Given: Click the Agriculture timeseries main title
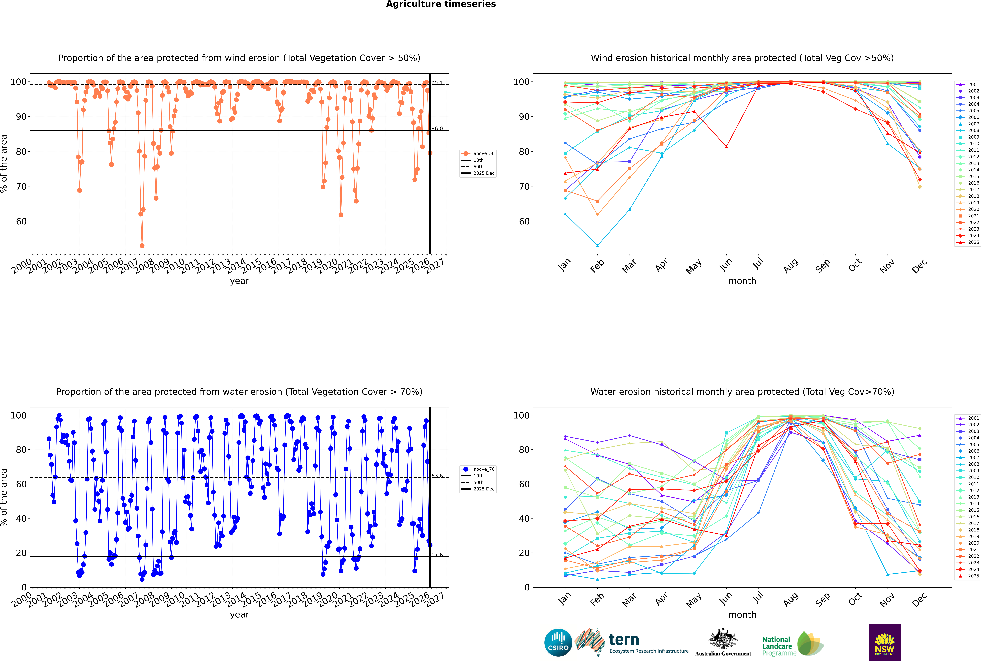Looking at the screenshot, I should (x=441, y=4).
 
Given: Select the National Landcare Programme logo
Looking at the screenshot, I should (x=792, y=644).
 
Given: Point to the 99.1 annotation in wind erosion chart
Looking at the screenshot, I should (x=437, y=83).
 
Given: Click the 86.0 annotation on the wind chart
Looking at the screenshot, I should (x=437, y=129).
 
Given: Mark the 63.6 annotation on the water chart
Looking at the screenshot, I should (x=437, y=476).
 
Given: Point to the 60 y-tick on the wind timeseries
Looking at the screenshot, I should (x=21, y=221).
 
